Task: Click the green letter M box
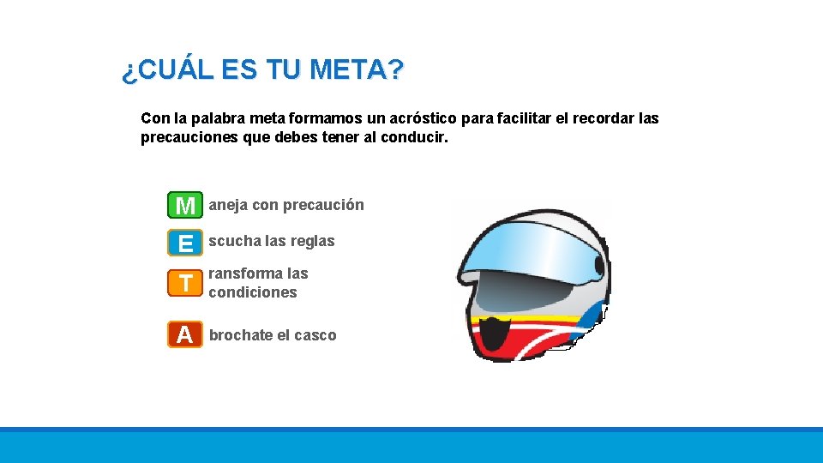click(x=185, y=205)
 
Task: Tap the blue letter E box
click(x=185, y=243)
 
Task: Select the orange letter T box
click(x=185, y=282)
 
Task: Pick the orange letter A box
click(x=185, y=334)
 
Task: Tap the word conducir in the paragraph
click(x=414, y=137)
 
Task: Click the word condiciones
click(x=253, y=292)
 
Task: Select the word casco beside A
click(x=315, y=335)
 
